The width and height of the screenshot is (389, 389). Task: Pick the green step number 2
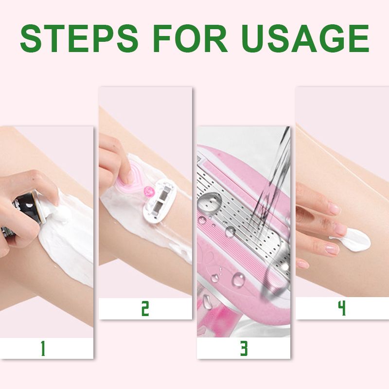[145, 309]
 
